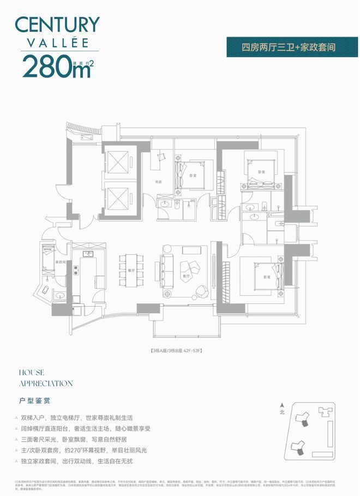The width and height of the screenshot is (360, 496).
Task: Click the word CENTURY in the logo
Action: (x=57, y=25)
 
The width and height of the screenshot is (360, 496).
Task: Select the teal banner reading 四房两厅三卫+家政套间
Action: (x=289, y=47)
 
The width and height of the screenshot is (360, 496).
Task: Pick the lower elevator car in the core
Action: (x=118, y=197)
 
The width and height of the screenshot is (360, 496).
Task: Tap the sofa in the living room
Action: (x=165, y=269)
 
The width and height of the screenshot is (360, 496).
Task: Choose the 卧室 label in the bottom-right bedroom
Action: (x=267, y=277)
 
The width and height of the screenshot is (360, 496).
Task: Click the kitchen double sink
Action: (x=87, y=254)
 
